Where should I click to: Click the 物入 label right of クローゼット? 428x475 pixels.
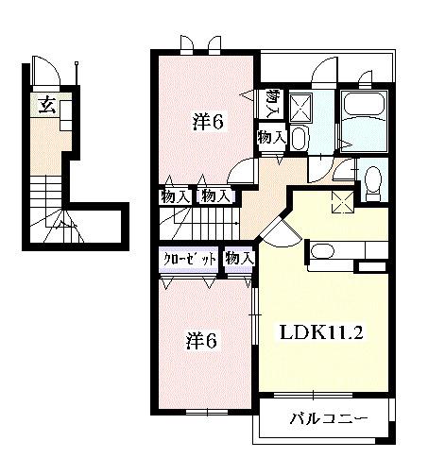(x=239, y=258)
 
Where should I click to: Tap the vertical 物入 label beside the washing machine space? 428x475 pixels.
(x=273, y=103)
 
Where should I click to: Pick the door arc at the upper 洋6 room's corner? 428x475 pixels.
(x=243, y=171)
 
